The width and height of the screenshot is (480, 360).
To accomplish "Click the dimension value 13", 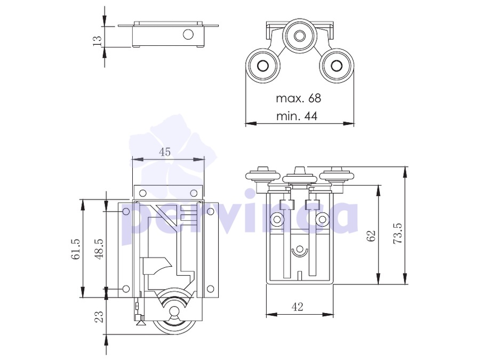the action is tap(97, 41).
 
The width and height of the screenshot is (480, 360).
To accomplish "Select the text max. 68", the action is tap(299, 98).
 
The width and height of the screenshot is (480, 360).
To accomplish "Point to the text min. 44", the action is tap(297, 116).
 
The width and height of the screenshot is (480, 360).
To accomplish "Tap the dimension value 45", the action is tap(165, 152).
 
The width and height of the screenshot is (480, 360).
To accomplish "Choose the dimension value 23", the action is tap(99, 316).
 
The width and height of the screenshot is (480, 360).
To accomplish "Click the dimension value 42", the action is tap(298, 307).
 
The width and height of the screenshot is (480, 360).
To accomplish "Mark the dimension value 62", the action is tap(371, 236).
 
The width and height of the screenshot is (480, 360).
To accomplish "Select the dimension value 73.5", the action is tap(398, 233).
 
